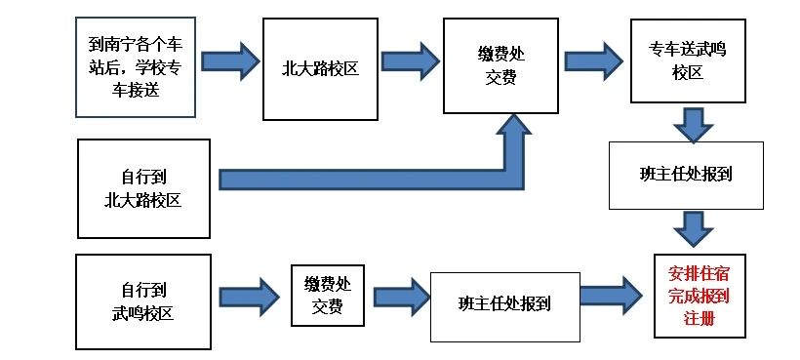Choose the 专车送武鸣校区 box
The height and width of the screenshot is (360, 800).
(x=681, y=60)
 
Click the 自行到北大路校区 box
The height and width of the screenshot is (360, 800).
(x=143, y=188)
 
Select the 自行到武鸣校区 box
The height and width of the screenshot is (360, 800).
(x=143, y=300)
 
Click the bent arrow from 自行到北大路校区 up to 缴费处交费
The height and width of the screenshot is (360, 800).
(x=390, y=178)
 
